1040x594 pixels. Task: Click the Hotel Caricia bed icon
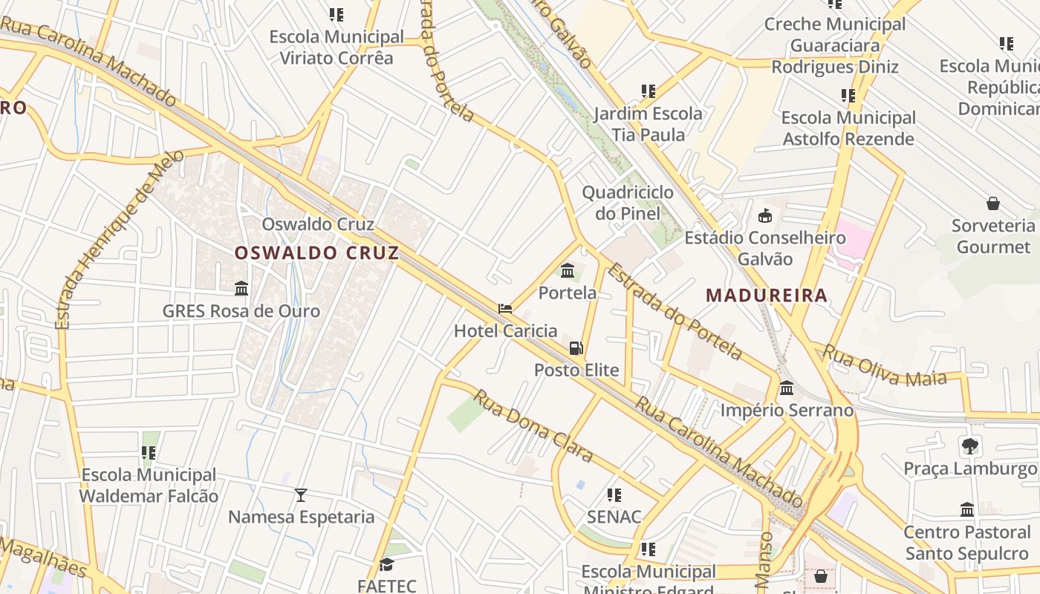click(505, 309)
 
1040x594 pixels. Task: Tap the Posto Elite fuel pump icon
click(576, 347)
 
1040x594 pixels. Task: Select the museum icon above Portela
click(568, 270)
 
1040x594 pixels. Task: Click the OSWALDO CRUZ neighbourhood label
click(317, 252)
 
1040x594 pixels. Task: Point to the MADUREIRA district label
click(767, 295)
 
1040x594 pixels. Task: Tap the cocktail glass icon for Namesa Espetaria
click(301, 495)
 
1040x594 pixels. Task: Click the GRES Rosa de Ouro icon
click(241, 288)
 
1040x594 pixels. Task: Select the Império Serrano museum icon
click(787, 388)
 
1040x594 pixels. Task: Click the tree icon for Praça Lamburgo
click(969, 446)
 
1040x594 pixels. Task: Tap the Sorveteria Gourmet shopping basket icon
click(993, 203)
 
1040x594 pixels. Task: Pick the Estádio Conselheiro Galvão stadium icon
click(764, 216)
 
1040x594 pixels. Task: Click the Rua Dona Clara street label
click(533, 426)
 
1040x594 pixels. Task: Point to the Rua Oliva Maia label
click(884, 366)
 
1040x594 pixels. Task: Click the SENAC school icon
click(614, 495)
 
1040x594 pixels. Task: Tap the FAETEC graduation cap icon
click(386, 564)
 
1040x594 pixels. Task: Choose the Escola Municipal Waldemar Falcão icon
click(149, 452)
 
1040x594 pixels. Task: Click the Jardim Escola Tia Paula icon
click(649, 91)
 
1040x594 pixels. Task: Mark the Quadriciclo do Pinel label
click(628, 203)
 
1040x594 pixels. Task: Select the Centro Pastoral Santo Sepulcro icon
click(967, 510)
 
